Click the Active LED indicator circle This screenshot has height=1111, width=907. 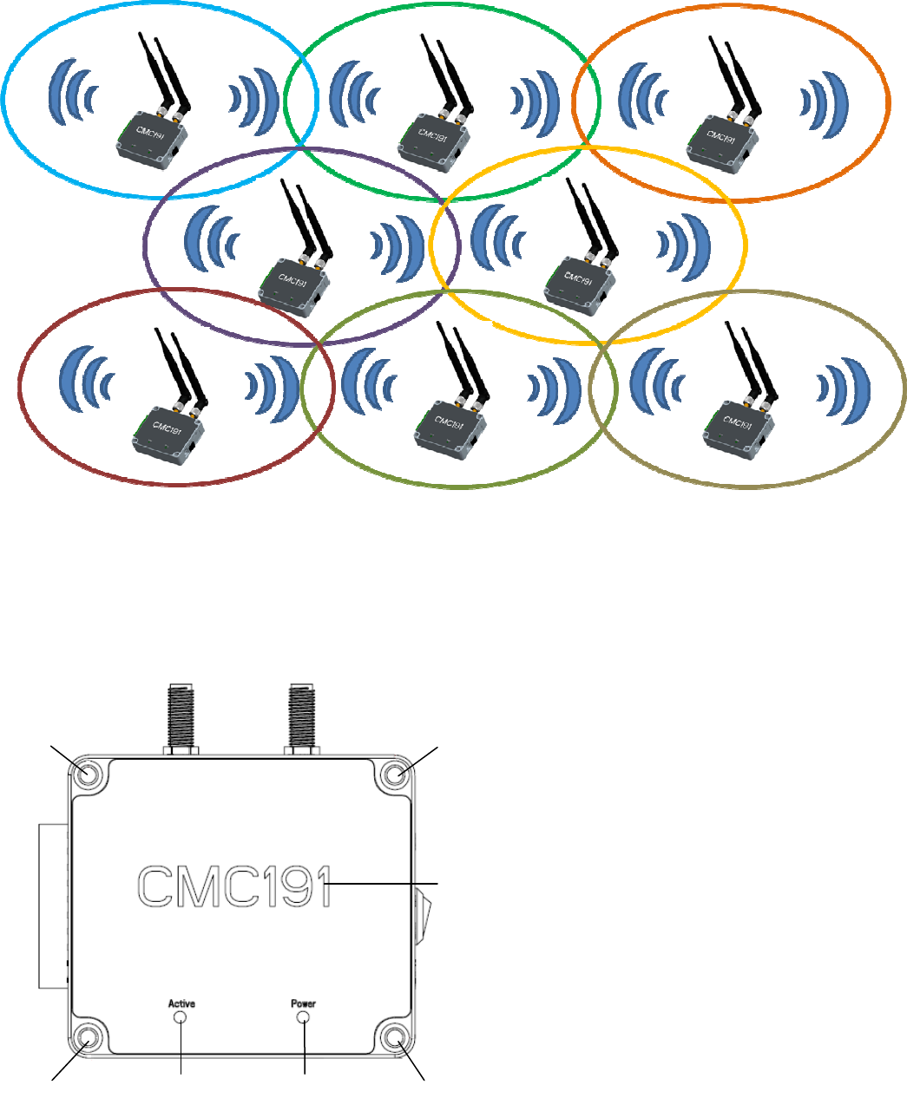181,1017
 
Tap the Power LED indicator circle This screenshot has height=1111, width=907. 304,1017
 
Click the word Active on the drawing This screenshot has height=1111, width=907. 181,1003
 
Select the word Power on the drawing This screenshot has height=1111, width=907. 304,1003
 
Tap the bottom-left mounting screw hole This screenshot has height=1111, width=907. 86,1037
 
